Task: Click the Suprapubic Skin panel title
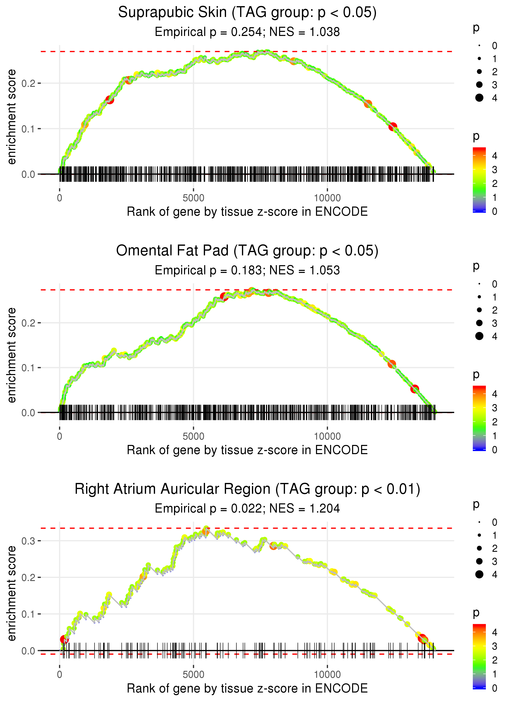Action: point(247,13)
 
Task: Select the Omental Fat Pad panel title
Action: point(247,251)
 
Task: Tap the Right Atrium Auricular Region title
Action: point(247,489)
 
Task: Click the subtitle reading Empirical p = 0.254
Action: point(208,32)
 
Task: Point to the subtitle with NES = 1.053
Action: point(305,270)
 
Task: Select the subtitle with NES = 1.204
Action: point(305,508)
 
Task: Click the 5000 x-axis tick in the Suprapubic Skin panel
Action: point(193,198)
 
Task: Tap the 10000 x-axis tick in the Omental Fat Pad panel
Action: point(327,436)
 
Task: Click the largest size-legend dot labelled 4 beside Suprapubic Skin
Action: point(479,98)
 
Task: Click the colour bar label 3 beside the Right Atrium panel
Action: point(495,646)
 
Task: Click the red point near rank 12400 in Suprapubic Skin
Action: point(392,127)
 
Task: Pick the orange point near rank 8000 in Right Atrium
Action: point(273,546)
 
